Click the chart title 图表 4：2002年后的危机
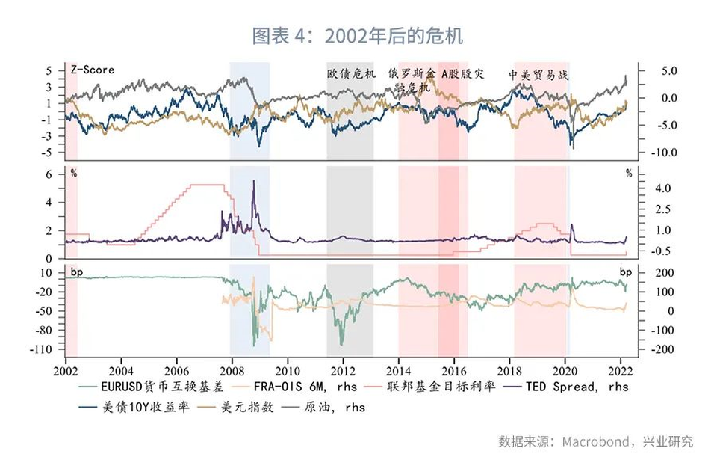point(358,35)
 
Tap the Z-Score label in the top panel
point(93,70)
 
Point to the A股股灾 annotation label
point(463,74)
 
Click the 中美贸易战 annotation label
point(538,74)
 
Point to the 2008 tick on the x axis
point(232,370)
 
